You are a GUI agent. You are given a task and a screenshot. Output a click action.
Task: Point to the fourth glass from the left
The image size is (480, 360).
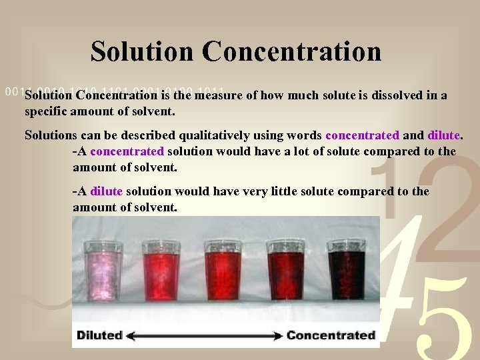point(285,275)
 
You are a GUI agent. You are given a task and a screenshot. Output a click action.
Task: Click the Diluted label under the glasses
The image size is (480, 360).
point(100,335)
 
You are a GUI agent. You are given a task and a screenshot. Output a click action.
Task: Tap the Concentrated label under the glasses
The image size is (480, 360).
point(331,335)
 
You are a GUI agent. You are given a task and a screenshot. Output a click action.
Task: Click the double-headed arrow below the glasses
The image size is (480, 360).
point(205,335)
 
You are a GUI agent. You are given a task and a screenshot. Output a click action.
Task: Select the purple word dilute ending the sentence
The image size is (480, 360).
point(444,135)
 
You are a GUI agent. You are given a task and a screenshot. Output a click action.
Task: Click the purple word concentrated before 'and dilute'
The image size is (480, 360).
point(362,135)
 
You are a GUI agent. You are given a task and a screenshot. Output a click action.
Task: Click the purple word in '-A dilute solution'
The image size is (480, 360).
point(106,192)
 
